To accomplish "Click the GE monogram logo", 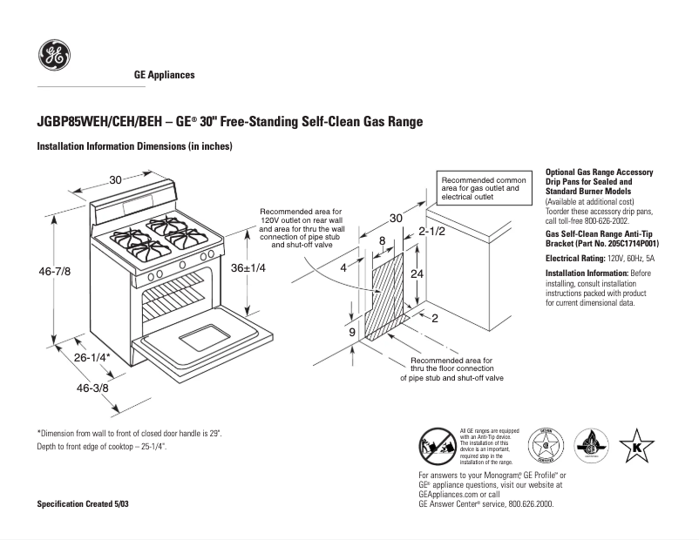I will (54, 57).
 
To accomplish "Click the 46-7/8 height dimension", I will (54, 272).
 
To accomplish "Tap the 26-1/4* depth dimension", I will (92, 358).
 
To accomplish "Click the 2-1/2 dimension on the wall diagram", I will (431, 232).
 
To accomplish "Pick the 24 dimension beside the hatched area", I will (417, 273).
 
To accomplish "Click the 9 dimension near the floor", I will (351, 332).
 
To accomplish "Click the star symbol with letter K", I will (636, 446).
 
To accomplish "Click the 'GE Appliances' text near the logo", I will (164, 75).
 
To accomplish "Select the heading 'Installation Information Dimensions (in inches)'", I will (134, 146).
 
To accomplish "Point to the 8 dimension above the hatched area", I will (382, 240).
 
